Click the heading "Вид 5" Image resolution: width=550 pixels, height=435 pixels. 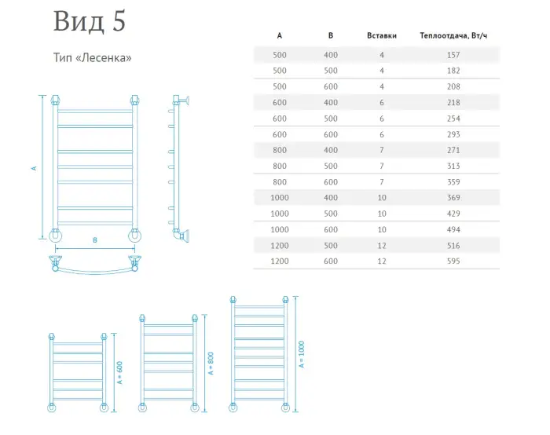coord(89,22)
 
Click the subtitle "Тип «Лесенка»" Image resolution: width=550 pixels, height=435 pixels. coord(91,58)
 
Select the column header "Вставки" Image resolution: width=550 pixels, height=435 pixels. coord(382,35)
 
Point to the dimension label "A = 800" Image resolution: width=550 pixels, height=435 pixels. coord(211,363)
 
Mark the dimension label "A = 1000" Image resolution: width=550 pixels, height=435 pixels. coord(301,354)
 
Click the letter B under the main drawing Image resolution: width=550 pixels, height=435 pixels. coord(94,240)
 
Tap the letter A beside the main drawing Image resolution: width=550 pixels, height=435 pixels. coord(34,167)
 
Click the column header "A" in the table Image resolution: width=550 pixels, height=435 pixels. coord(280,35)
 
